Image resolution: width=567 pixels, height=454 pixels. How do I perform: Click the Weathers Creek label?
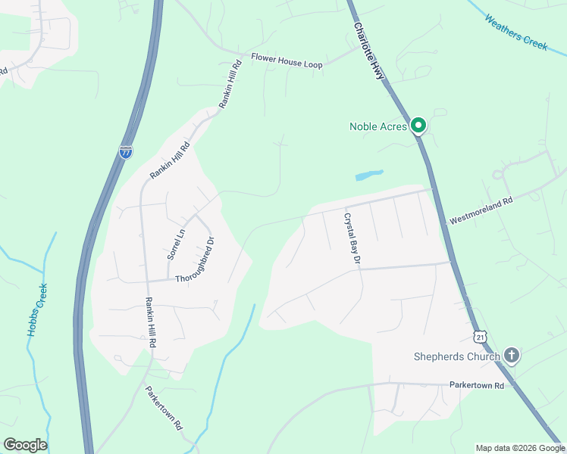coord(515,32)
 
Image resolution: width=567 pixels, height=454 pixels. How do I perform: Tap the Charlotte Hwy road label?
coord(369,51)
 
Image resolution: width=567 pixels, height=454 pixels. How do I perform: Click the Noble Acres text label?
coord(377,126)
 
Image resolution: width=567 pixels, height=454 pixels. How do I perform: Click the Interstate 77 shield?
coord(126,152)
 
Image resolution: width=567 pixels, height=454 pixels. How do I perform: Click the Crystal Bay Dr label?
coord(351,238)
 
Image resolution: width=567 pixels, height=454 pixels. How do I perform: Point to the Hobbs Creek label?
coord(38,309)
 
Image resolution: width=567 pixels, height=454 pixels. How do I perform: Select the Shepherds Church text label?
coord(456,356)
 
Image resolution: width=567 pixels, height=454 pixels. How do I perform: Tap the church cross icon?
coord(512,356)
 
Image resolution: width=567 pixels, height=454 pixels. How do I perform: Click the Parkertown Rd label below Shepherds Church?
coord(476,385)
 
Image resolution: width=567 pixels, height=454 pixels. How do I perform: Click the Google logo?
coord(25,445)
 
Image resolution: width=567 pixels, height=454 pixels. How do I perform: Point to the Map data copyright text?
coord(520,448)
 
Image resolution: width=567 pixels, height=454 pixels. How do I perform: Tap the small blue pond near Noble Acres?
coord(368,175)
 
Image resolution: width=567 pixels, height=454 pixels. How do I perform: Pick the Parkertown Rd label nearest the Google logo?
coord(164,409)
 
